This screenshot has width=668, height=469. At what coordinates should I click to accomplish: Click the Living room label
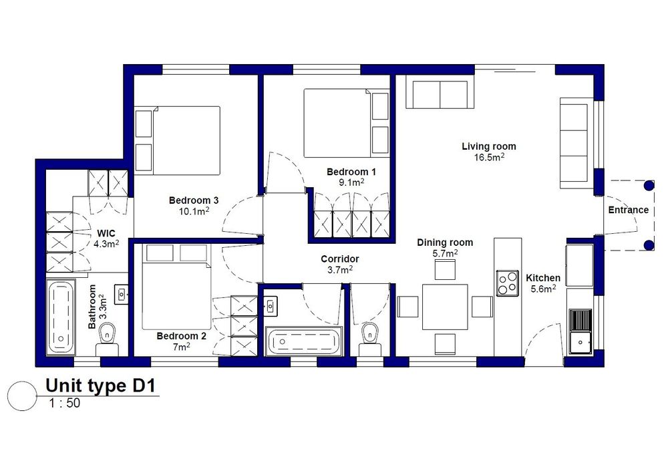point(489,146)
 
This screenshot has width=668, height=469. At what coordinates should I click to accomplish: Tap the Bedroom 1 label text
point(351,172)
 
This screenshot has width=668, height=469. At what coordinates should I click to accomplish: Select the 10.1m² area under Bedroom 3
point(194,211)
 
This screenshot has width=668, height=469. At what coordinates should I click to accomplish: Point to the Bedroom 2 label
point(182,336)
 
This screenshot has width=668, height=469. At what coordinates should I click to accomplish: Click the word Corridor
point(339,259)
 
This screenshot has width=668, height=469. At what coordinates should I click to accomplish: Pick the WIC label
point(106,233)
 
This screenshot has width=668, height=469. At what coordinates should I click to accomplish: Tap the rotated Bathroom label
point(92,307)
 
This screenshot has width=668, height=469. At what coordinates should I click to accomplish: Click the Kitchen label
point(542,278)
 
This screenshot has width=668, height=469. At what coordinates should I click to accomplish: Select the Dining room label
point(445,243)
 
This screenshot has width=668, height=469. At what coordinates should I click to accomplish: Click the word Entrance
point(629,210)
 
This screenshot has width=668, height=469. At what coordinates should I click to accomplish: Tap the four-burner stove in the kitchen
point(508,283)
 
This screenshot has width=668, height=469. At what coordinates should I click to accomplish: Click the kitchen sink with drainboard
point(580,331)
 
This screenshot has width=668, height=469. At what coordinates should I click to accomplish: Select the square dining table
point(445,307)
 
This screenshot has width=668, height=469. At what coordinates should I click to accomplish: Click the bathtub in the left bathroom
point(61,317)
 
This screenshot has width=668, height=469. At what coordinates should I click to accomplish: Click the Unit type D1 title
point(101,385)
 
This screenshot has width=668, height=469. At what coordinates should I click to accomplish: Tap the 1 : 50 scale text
point(64,403)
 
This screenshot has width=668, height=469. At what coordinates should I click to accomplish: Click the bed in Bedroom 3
point(177,140)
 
